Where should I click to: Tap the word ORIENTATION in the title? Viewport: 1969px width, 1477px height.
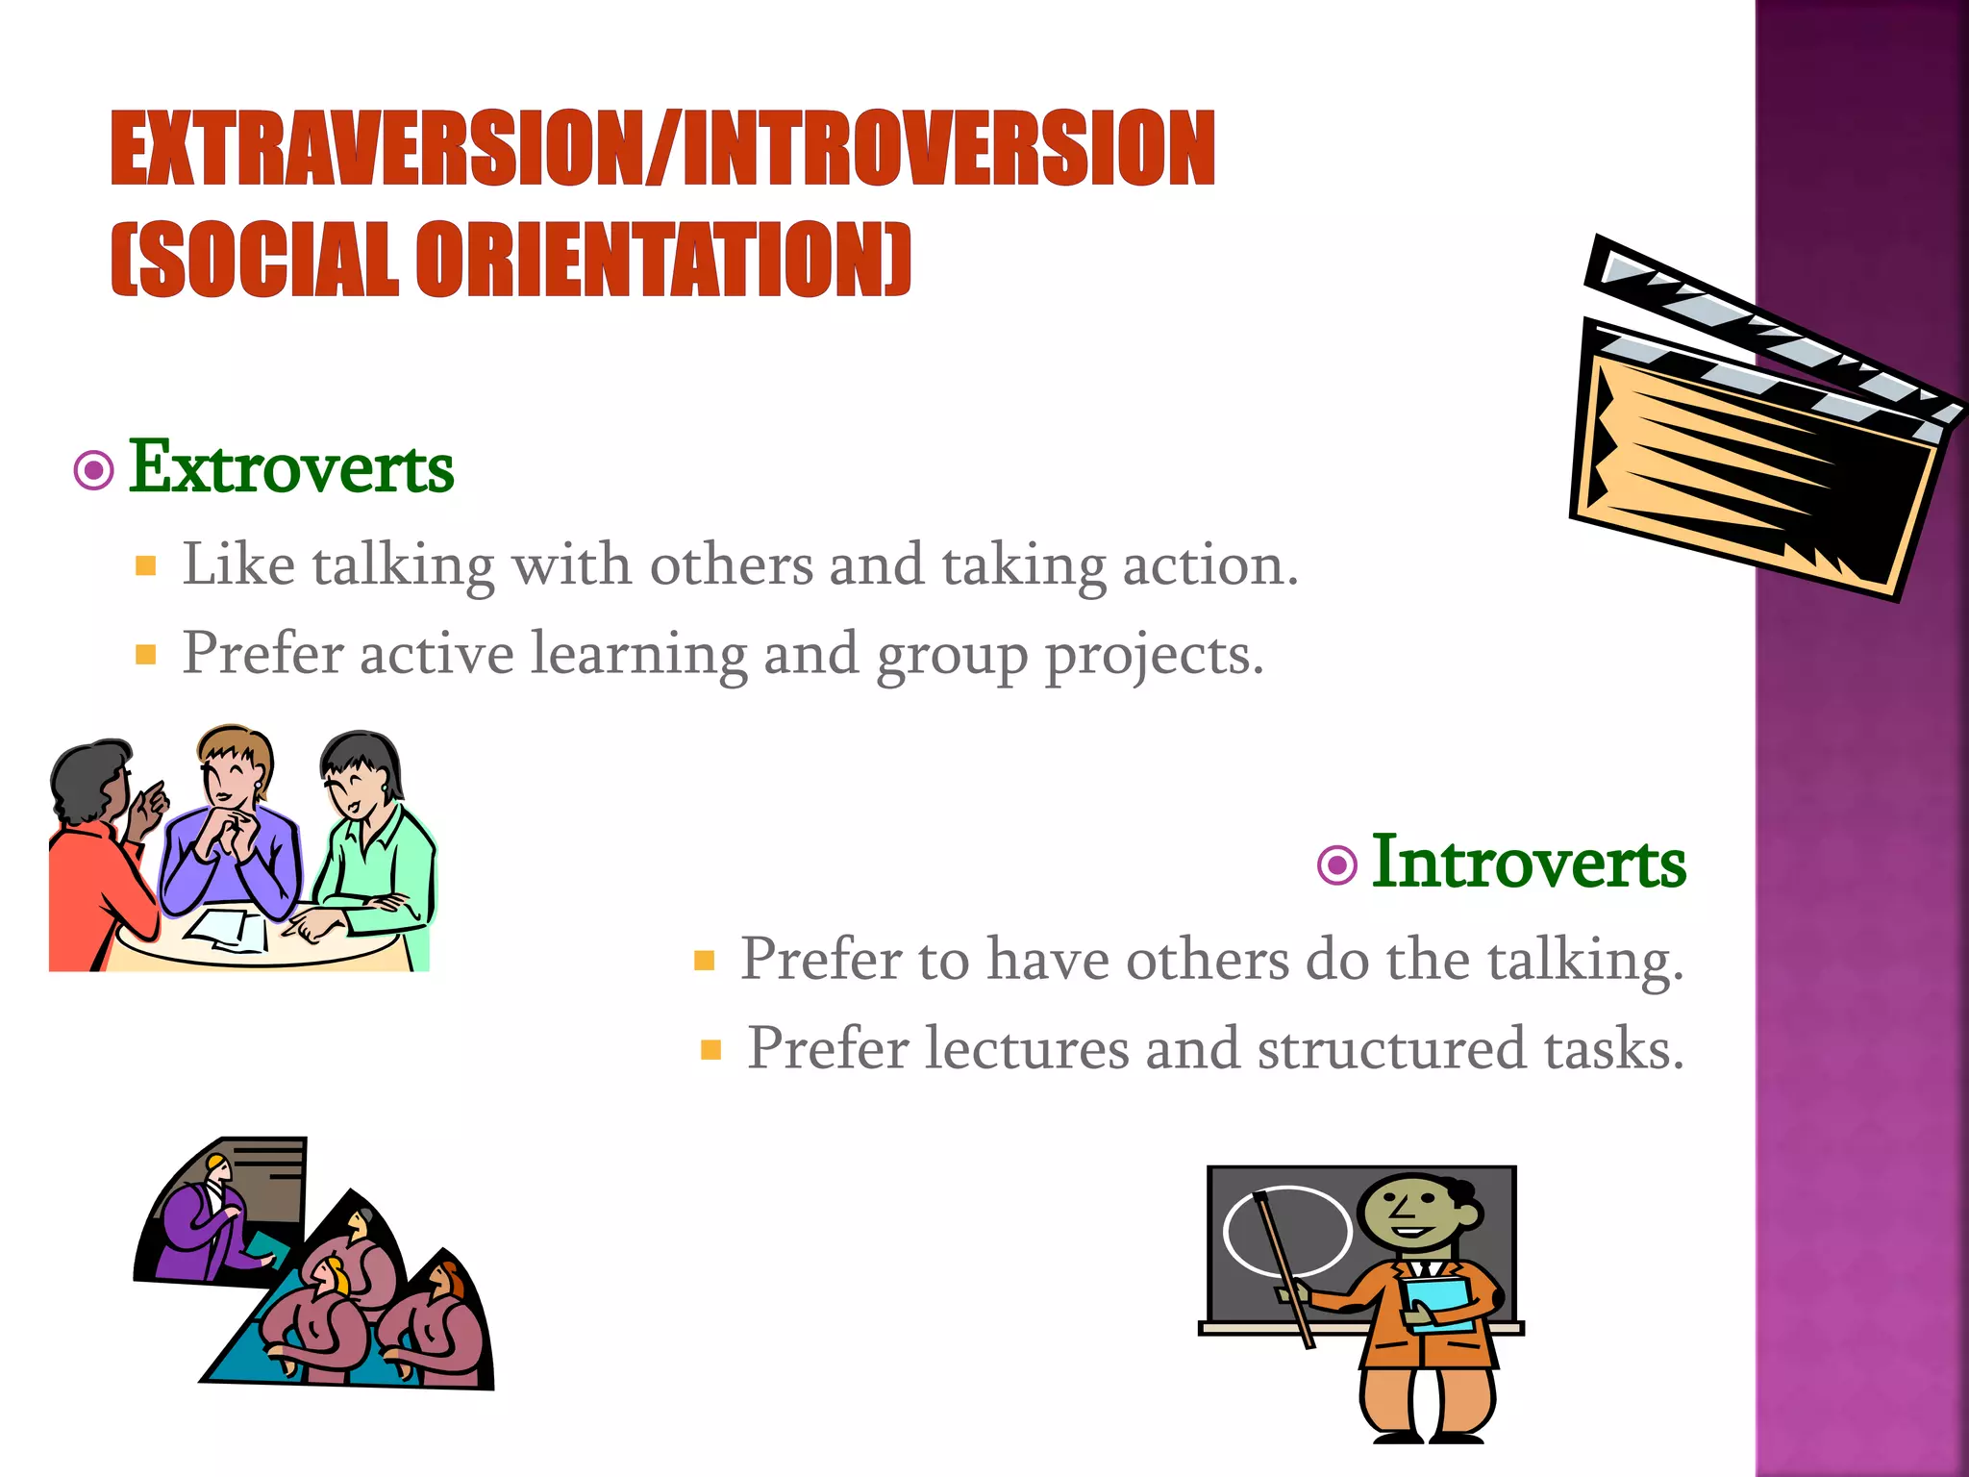coord(658,260)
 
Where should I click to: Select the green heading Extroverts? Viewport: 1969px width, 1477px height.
coord(291,467)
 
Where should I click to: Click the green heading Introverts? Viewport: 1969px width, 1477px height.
coord(1528,863)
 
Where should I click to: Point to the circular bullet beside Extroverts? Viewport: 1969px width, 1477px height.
coord(94,470)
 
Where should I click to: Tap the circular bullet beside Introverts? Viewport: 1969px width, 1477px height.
coord(1336,865)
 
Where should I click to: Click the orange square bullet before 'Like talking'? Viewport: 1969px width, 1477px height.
coord(146,566)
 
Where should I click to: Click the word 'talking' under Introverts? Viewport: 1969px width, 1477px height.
coord(1585,960)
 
